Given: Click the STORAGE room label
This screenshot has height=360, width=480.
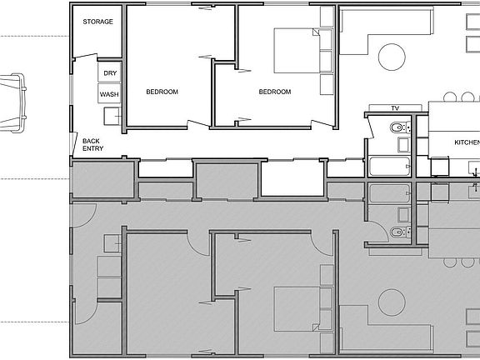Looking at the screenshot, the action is pos(97,22).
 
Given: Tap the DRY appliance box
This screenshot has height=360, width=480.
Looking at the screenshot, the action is pos(110,72).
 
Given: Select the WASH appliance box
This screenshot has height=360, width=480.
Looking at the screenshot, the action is pos(109,93).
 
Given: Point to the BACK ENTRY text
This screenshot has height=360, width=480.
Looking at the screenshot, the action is pos(92,145).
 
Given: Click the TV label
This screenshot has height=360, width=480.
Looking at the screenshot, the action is pos(395,108).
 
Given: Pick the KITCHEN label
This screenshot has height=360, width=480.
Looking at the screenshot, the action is pos(467,142).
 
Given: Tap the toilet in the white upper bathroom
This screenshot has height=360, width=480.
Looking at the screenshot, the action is pos(400,127).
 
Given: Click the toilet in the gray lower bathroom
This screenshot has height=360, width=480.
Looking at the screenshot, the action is pos(400,232).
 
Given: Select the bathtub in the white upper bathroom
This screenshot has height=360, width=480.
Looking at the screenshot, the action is pos(389,167).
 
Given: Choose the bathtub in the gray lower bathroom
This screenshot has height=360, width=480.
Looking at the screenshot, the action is pos(389,193).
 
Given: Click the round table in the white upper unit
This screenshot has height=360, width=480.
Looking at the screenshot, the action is pos(392,57).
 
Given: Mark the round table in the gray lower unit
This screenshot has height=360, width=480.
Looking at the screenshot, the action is pos(392,302).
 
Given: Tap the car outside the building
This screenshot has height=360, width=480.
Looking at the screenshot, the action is pos(12,102).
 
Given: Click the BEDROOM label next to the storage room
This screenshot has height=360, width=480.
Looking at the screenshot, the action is pos(162,92).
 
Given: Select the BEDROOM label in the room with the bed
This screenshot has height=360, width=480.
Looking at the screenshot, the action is pos(275,92).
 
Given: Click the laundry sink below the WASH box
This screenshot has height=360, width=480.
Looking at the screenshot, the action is pos(112,117).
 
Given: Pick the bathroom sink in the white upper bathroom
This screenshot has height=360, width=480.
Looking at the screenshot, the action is pos(403,145).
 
